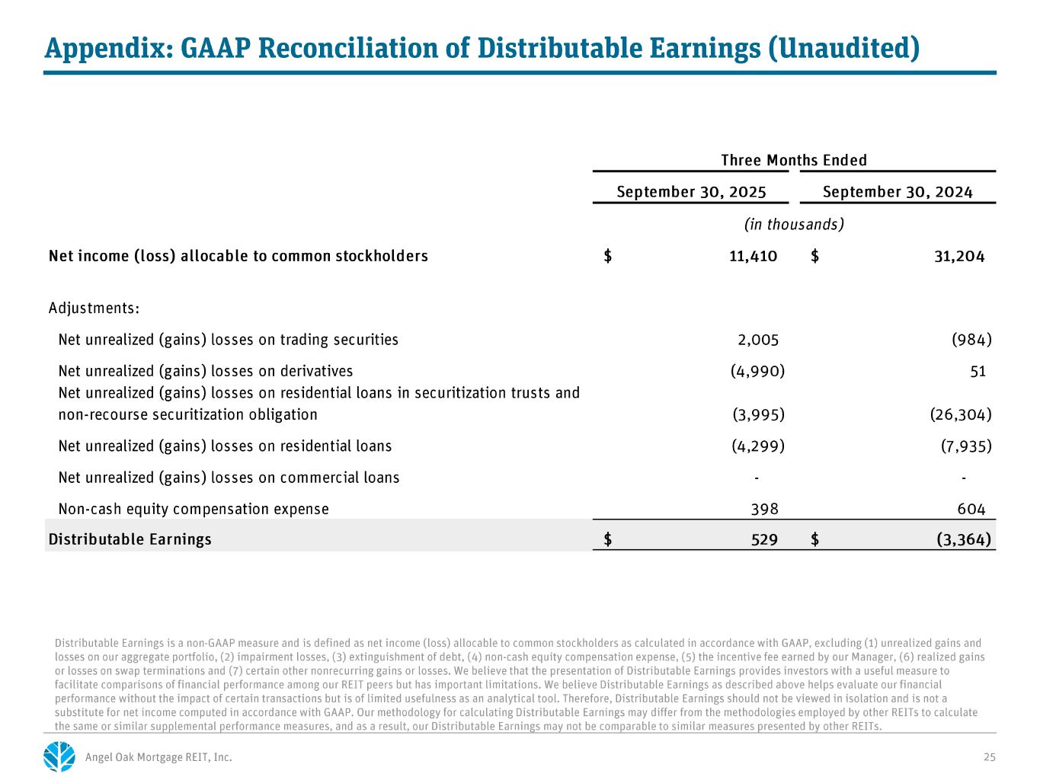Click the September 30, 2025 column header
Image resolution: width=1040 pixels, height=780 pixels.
click(x=691, y=192)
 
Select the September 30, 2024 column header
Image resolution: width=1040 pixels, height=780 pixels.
click(x=898, y=192)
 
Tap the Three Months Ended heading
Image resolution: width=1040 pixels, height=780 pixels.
click(x=794, y=160)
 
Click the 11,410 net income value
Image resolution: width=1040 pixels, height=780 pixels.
click(x=753, y=256)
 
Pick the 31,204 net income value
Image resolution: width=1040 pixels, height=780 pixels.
click(x=959, y=256)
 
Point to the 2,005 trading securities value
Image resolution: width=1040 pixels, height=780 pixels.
click(x=754, y=340)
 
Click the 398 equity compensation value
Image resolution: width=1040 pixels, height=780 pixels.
click(x=765, y=509)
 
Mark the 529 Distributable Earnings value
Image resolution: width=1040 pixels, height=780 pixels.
click(x=764, y=539)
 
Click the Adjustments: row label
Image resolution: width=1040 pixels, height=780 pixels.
click(x=94, y=308)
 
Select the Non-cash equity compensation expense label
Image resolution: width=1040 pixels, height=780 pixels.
click(x=194, y=509)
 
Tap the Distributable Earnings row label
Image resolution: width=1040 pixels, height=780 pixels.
click(x=130, y=539)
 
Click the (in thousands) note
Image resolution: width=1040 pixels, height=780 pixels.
click(x=794, y=224)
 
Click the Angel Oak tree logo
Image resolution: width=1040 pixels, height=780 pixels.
click(x=59, y=756)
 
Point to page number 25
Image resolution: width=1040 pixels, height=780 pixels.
click(x=990, y=757)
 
